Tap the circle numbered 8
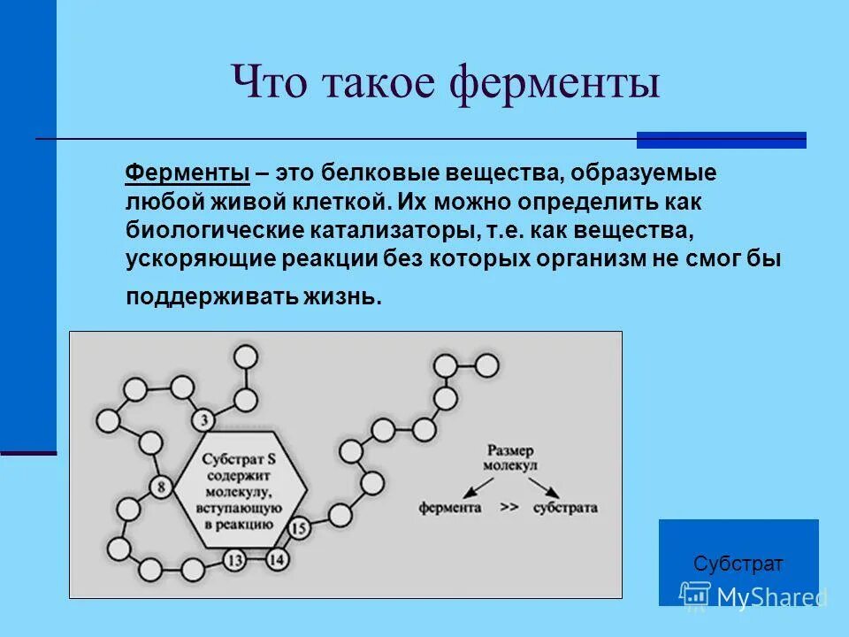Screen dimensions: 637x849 coord(162,486)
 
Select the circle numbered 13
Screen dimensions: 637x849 coord(234,559)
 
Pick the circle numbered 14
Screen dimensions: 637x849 coord(277,558)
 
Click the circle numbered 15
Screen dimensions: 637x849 coord(299,529)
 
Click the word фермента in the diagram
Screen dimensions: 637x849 coord(450,509)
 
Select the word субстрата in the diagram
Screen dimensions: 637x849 coord(566,509)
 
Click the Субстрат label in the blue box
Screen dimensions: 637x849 coord(738,564)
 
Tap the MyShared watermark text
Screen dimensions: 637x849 coord(771,597)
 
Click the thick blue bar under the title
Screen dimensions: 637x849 coord(721,140)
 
